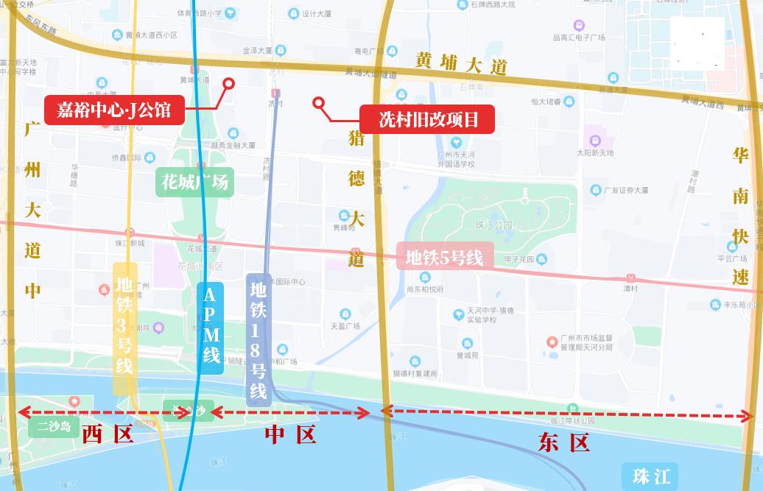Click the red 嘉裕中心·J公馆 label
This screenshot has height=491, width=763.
113,110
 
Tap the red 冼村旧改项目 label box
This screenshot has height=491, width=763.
427,119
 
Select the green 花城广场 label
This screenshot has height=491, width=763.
194,182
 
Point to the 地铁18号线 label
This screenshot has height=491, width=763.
259,339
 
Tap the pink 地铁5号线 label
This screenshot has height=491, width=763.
443,258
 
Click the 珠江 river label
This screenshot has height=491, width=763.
650,476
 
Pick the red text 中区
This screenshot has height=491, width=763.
290,435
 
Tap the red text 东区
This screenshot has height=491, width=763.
564,442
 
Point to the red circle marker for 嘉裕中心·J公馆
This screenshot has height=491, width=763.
228,84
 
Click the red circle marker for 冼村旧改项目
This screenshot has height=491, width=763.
319,103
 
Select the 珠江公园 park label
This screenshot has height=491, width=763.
493,224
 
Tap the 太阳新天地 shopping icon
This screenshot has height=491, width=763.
594,140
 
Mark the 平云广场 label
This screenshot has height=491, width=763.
732,258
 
